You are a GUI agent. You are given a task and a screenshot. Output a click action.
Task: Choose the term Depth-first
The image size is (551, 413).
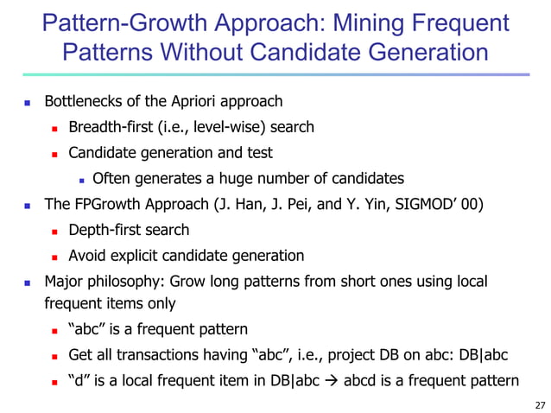(104, 230)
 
